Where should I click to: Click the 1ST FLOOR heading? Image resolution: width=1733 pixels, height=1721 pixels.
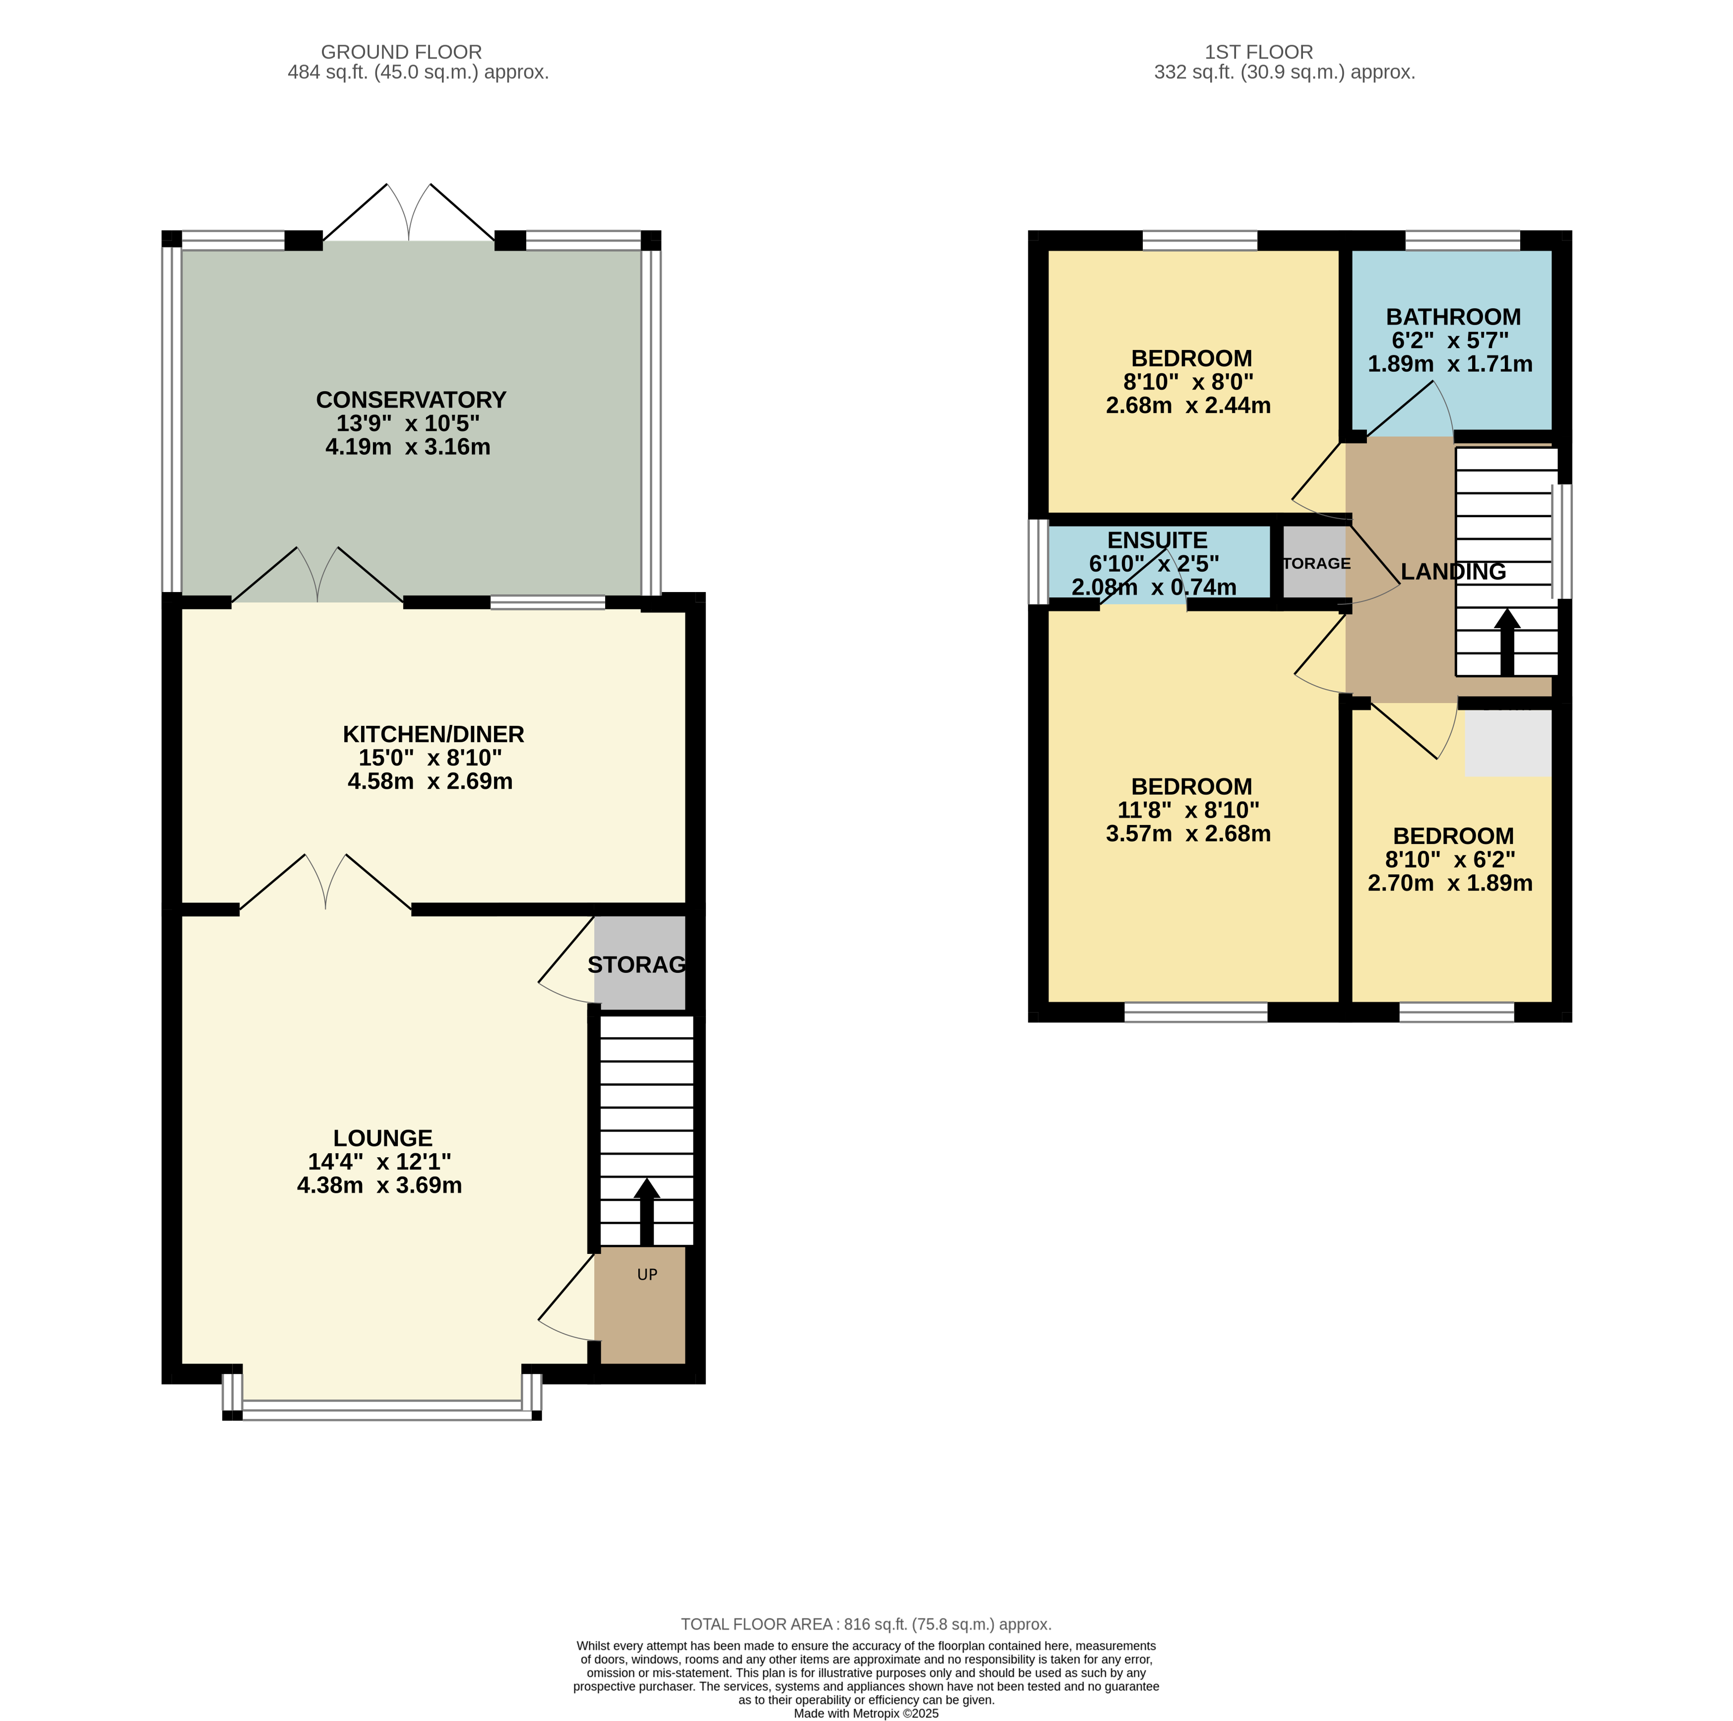tap(1258, 52)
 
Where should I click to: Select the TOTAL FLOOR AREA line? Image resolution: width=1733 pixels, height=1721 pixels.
tap(866, 1624)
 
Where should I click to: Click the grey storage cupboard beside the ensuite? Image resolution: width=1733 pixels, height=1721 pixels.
tap(1313, 562)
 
